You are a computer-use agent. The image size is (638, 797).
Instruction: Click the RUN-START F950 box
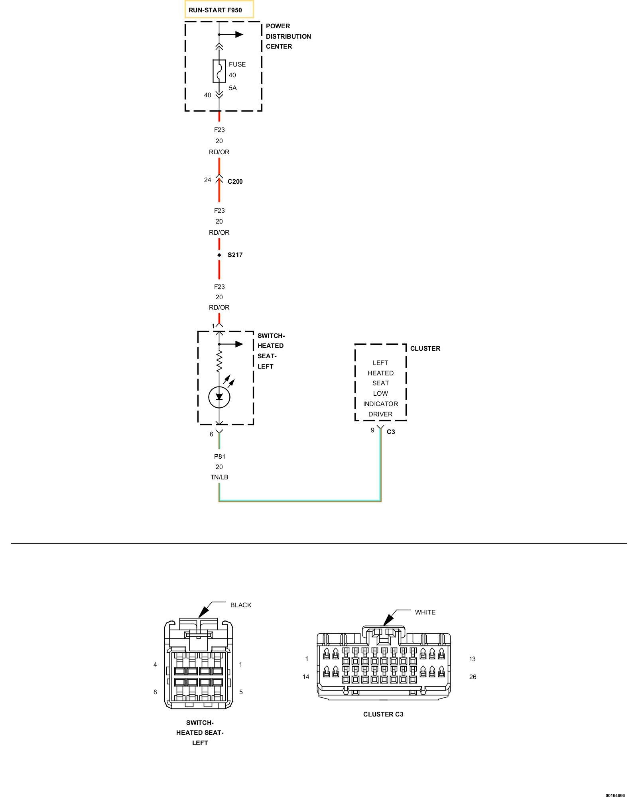219,10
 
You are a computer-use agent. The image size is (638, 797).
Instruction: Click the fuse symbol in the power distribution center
219,71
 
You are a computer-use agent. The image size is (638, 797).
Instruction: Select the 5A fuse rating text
232,88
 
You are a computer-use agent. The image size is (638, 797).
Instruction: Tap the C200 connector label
235,182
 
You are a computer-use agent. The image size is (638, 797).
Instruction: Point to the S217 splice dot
219,255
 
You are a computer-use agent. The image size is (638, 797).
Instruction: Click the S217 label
235,255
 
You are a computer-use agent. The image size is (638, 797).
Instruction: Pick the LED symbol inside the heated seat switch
219,397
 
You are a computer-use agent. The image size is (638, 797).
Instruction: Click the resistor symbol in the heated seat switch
219,361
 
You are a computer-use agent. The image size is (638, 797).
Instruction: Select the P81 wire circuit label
219,456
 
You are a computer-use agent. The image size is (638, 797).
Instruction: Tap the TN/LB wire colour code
219,477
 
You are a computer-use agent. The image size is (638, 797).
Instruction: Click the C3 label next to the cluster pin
391,432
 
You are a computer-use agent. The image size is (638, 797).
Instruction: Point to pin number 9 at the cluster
372,430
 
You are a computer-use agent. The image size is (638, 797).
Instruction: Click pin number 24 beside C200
207,180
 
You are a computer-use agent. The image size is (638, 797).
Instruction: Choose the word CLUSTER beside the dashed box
425,348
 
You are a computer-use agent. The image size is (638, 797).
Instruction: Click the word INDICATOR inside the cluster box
380,404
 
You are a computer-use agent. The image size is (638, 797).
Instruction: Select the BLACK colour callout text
241,605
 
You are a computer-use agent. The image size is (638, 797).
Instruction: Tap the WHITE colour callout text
425,612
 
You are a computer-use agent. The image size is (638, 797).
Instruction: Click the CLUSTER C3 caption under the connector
383,714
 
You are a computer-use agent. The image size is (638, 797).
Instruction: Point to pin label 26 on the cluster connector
473,677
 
